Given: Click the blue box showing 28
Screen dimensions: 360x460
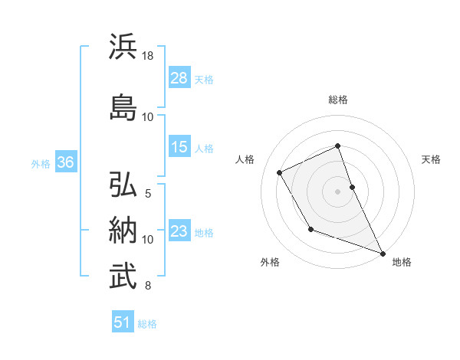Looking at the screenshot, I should click(x=179, y=78).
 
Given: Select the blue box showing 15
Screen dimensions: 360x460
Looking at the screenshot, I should click(x=179, y=147).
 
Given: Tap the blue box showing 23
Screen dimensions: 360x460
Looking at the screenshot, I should click(x=179, y=231).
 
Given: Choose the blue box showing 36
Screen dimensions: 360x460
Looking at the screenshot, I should click(x=66, y=162).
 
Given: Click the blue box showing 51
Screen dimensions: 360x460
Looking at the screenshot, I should click(x=123, y=322).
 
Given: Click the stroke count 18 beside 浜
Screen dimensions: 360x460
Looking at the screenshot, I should click(x=148, y=56).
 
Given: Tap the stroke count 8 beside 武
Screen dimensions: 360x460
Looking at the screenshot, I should click(x=148, y=286).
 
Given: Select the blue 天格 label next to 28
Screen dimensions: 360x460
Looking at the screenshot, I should click(x=204, y=79).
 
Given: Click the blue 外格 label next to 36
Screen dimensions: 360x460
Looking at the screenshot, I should click(x=41, y=163).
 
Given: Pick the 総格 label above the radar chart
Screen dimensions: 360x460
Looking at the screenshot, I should click(x=338, y=100).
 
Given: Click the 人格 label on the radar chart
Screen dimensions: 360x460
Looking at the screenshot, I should click(x=245, y=159).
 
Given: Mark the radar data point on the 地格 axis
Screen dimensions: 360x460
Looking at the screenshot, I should click(x=383, y=254).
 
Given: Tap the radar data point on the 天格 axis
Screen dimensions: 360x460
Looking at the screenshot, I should click(x=352, y=186).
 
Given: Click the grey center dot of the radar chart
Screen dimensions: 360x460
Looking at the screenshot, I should click(x=337, y=191).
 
